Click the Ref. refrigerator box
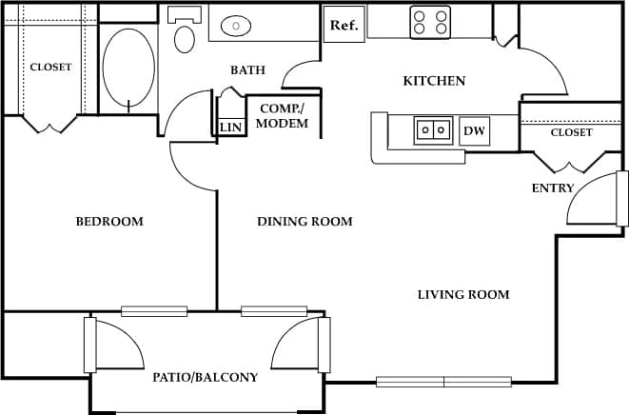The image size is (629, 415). click(x=344, y=25)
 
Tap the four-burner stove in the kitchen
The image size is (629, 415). click(x=430, y=23)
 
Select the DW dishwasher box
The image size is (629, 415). click(x=474, y=131)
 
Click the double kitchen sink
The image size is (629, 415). click(x=433, y=129)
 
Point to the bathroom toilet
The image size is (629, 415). click(x=185, y=33)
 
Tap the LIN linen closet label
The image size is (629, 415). click(x=230, y=128)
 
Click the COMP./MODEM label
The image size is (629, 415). click(x=283, y=116)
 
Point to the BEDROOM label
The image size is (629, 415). click(x=109, y=222)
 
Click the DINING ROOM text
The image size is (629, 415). click(x=305, y=222)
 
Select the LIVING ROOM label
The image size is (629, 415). click(x=463, y=295)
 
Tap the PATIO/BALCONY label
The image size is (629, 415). click(x=206, y=378)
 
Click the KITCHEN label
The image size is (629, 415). click(x=434, y=81)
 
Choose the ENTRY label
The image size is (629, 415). click(x=552, y=188)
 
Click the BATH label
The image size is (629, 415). click(x=247, y=70)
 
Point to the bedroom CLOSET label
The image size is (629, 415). click(x=50, y=68)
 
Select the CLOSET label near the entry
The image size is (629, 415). click(x=571, y=133)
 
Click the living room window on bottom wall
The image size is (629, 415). click(x=443, y=382)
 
